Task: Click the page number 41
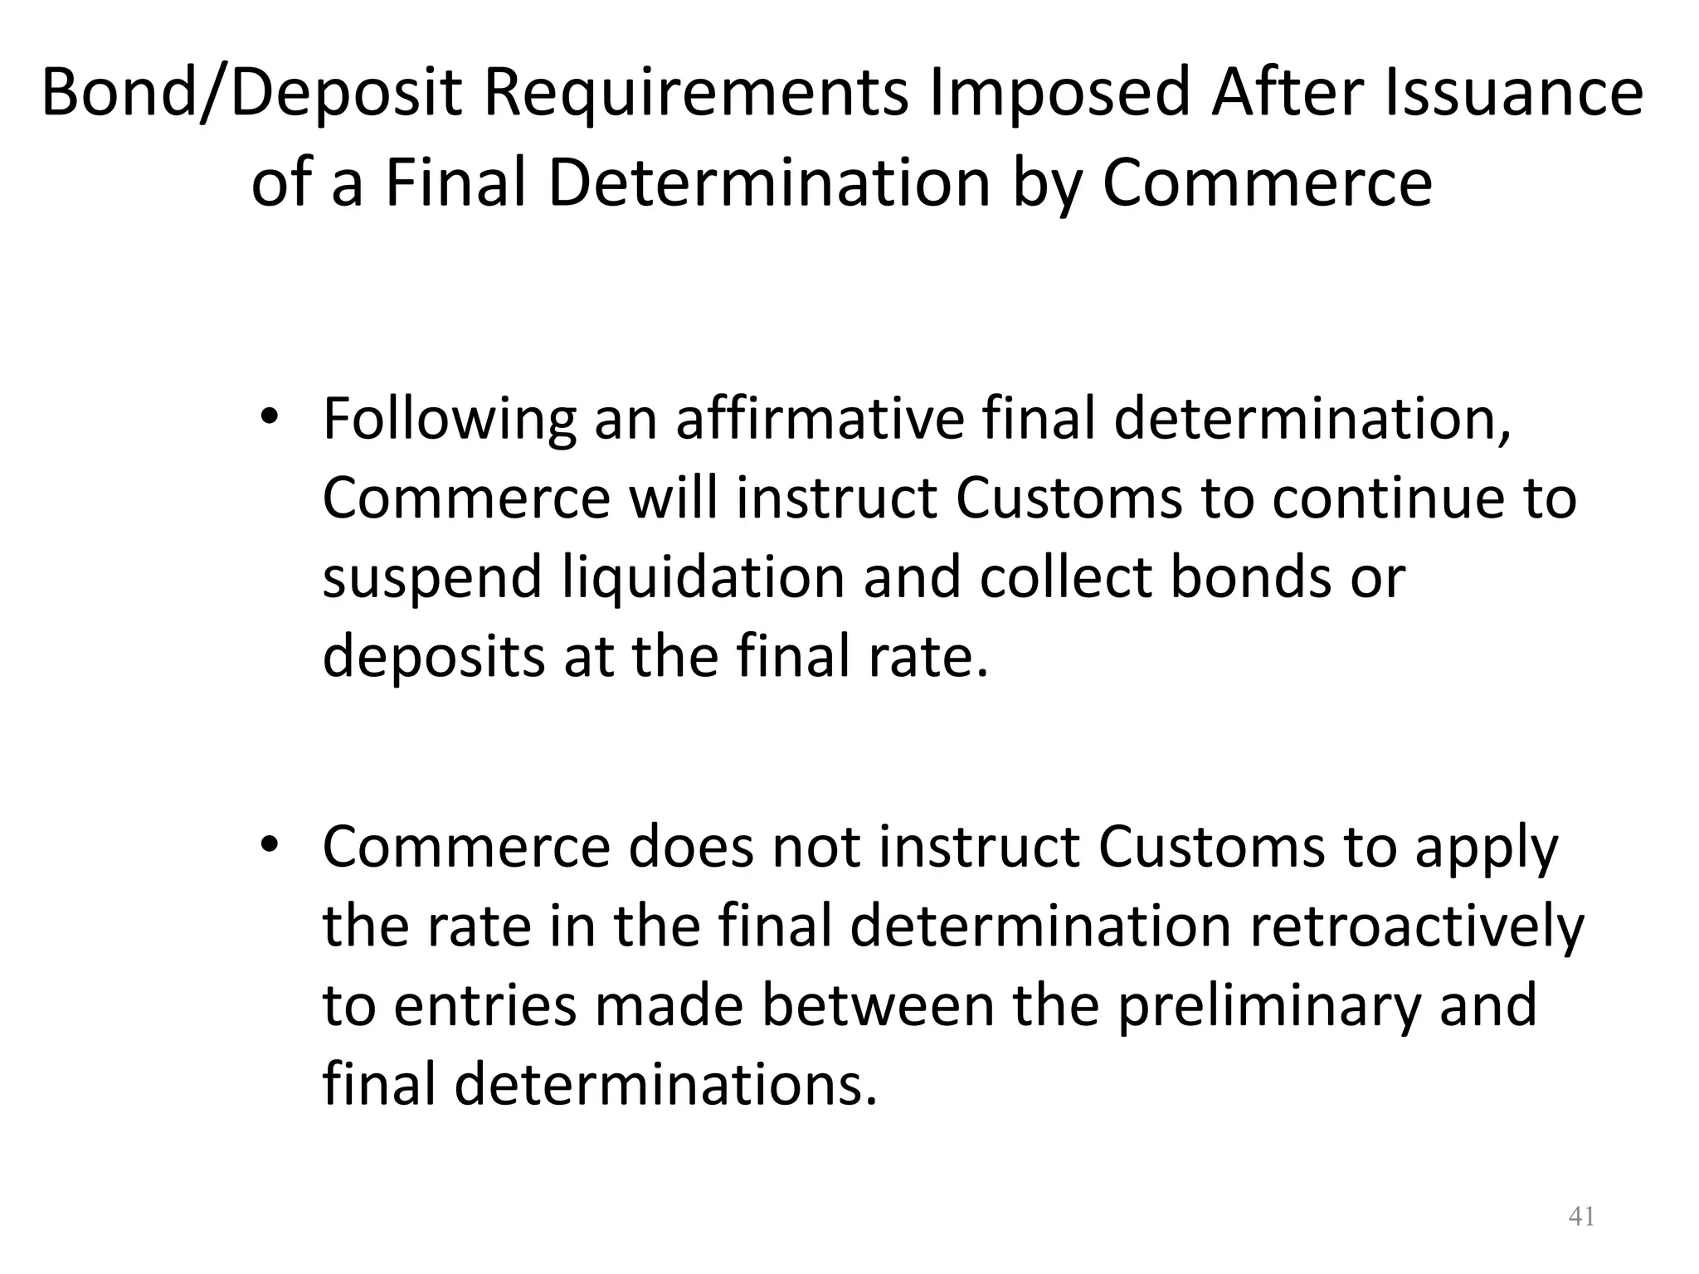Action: pos(1581,1216)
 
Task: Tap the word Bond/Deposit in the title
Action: pos(251,93)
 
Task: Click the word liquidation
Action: pos(703,578)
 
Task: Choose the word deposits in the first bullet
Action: pos(433,659)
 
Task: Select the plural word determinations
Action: pos(665,1084)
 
